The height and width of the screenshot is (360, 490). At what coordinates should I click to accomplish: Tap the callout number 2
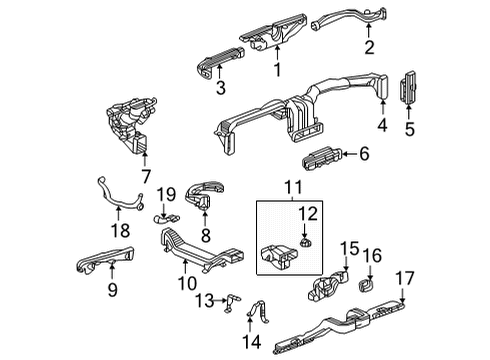[x=369, y=46]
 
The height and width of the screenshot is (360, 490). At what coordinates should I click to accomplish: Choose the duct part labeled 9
[x=105, y=261]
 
